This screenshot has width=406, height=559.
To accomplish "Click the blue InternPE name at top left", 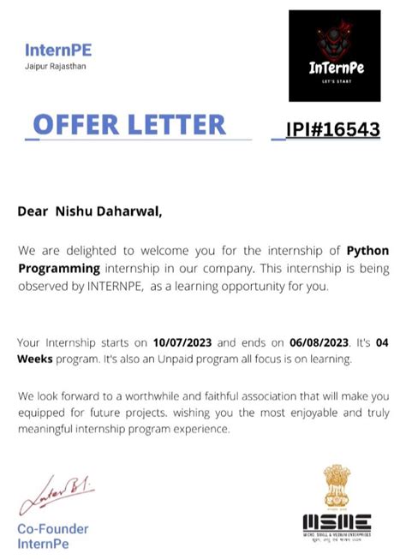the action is tap(57, 50).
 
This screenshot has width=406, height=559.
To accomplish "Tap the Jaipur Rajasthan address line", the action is tap(56, 66).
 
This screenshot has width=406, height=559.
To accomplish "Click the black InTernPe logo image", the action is tap(334, 56).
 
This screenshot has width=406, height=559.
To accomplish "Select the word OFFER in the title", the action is tap(76, 125).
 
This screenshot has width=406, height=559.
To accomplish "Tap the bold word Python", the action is tap(367, 250).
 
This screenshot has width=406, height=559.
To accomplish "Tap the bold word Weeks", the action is tap(35, 359).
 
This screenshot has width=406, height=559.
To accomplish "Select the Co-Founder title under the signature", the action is tap(53, 529).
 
